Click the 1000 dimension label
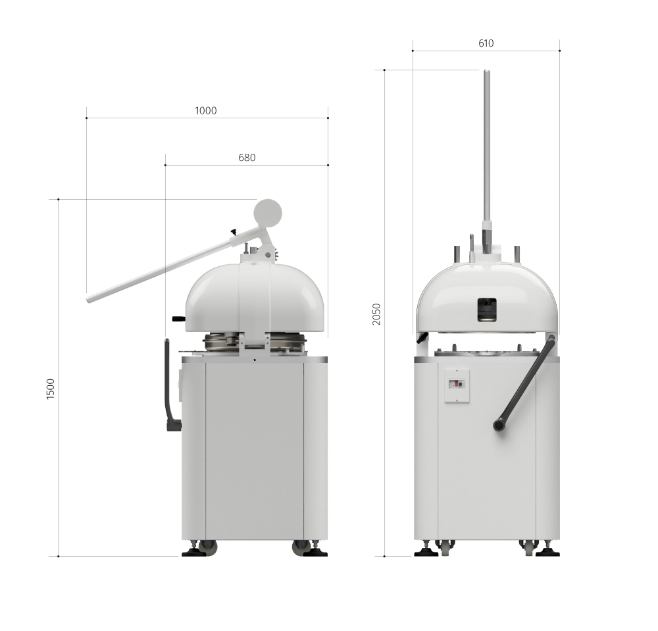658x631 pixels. [x=205, y=110]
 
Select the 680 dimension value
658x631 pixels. [x=247, y=158]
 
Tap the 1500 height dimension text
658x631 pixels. [x=51, y=388]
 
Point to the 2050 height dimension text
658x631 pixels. [x=376, y=314]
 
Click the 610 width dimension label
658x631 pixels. [x=486, y=43]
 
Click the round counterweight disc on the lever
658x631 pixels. [x=268, y=213]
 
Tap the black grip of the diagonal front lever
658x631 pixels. [x=499, y=425]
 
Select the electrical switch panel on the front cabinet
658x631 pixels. [x=457, y=386]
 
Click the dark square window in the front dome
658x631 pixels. [x=487, y=310]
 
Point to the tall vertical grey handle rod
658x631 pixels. [x=487, y=146]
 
